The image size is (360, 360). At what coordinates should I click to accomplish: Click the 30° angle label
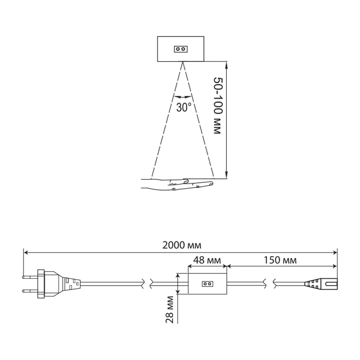click(x=184, y=107)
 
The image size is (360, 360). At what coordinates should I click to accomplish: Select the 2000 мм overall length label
click(x=182, y=245)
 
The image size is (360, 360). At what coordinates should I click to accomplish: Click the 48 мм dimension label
click(x=207, y=260)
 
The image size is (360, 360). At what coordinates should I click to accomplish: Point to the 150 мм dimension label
click(x=280, y=260)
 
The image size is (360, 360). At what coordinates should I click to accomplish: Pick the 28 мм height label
click(x=170, y=309)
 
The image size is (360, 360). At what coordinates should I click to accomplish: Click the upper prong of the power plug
click(x=30, y=277)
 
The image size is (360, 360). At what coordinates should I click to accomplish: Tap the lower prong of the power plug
click(x=30, y=291)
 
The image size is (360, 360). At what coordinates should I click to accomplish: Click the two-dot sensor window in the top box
click(x=181, y=49)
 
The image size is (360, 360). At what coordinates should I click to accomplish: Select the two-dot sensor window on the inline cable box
click(x=207, y=284)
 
